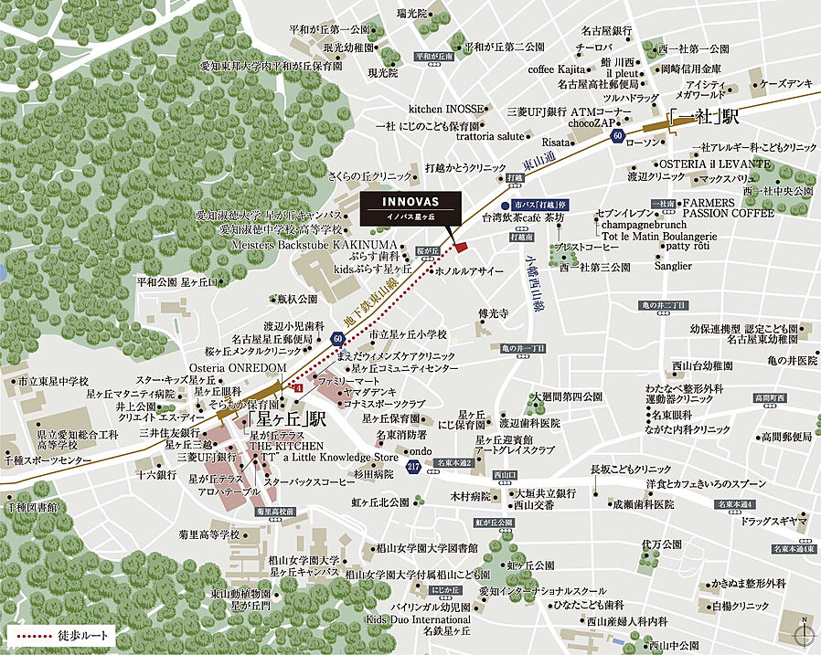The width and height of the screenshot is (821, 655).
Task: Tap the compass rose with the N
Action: [804, 635]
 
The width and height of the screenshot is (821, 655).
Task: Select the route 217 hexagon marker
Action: [413, 468]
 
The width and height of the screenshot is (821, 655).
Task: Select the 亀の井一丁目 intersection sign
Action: [523, 348]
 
